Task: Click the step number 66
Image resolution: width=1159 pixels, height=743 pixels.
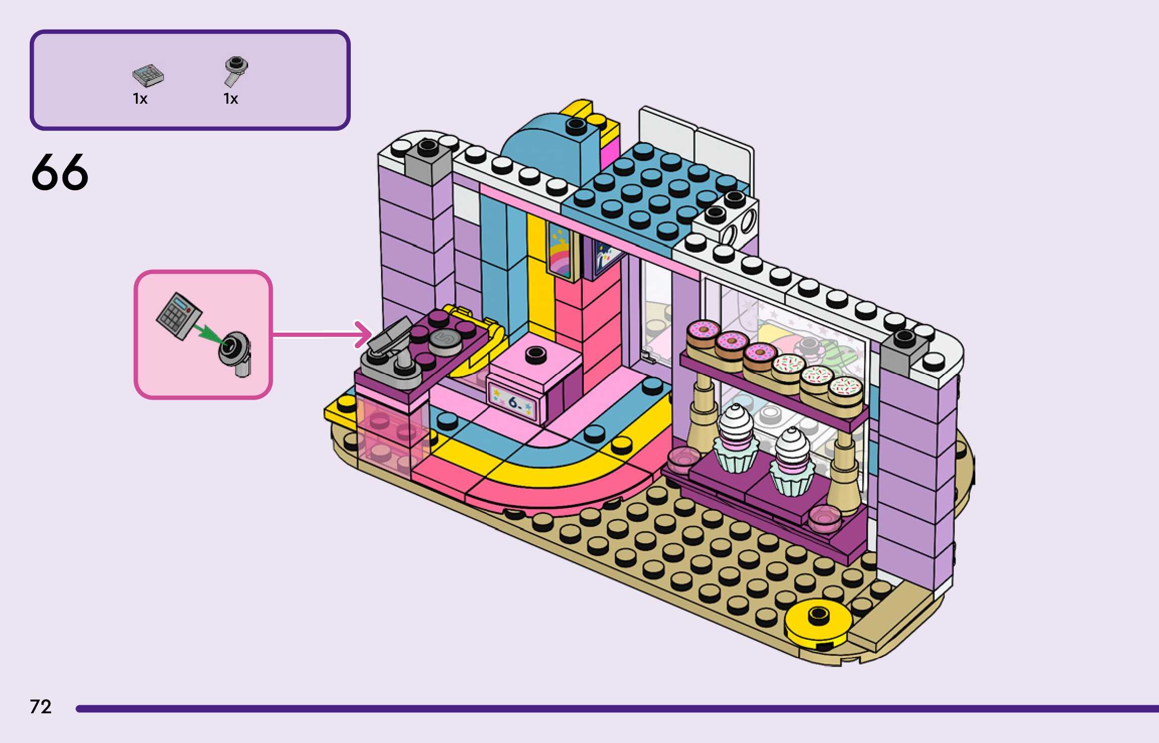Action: coord(60,173)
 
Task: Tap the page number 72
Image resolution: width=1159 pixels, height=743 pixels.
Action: coord(41,707)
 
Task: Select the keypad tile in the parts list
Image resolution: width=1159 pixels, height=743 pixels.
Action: coord(148,76)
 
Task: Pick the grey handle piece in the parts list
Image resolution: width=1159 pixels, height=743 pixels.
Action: coord(235,71)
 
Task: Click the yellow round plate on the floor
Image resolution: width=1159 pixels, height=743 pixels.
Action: coord(818,622)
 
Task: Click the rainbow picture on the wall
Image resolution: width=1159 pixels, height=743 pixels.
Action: coord(560,252)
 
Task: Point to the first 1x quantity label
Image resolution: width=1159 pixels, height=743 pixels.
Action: coord(140,99)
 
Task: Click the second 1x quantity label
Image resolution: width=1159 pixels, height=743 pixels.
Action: coord(230,99)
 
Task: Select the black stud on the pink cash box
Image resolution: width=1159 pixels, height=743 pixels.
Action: coord(535,354)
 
